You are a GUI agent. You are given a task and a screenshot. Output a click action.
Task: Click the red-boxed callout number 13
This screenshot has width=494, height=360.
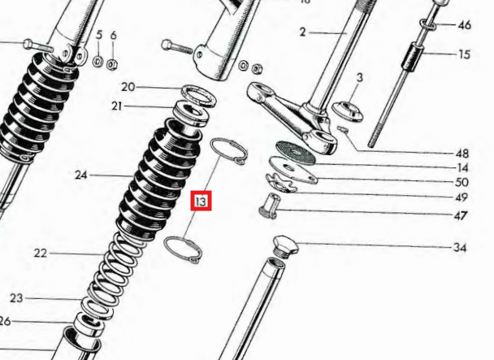click(x=201, y=201)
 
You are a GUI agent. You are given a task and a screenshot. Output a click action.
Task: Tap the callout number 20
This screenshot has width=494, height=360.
click(x=128, y=87)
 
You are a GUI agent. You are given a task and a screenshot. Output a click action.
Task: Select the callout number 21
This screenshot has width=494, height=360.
click(x=116, y=106)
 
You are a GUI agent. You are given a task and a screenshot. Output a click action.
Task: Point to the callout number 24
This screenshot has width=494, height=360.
click(x=81, y=175)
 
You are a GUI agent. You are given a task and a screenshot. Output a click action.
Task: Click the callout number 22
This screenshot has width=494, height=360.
click(x=41, y=253)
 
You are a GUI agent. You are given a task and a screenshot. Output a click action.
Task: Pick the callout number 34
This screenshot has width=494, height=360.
click(x=460, y=248)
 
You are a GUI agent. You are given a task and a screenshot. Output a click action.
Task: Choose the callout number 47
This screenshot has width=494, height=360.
click(x=461, y=215)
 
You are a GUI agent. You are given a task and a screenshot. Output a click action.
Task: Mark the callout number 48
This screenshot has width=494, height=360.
click(x=462, y=154)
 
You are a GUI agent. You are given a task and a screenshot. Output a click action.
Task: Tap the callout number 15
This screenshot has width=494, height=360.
click(x=464, y=54)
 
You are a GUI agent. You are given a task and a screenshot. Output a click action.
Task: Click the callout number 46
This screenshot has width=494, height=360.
click(x=464, y=25)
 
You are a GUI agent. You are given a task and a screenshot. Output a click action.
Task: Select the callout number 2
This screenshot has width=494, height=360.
click(x=303, y=33)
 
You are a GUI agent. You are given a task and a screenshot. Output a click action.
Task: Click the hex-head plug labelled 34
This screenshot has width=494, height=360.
click(x=285, y=247)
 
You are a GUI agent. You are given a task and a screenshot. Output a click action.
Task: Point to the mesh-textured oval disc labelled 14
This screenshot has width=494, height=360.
click(x=296, y=153)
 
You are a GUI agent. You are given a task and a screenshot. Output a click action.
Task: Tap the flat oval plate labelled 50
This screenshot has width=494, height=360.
click(x=293, y=170)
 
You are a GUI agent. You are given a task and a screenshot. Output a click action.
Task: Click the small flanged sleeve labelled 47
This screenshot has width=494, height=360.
click(x=270, y=206)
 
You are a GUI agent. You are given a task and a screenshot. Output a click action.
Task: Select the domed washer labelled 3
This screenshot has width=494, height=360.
click(x=347, y=111)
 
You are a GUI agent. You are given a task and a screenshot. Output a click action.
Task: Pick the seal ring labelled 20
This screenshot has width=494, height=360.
click(x=199, y=95)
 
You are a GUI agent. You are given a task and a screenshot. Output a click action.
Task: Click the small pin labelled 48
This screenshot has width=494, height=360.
click(x=342, y=129)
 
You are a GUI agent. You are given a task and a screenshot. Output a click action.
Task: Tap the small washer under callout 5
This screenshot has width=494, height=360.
click(x=98, y=61)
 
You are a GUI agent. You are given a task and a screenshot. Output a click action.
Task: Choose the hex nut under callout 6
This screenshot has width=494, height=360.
click(x=112, y=64)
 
